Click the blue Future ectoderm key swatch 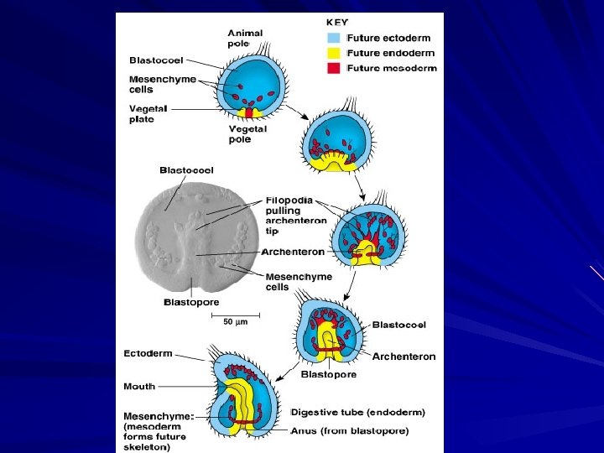(334, 38)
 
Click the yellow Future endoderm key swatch (334, 53)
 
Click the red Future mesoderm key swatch (334, 69)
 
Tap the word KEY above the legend (338, 22)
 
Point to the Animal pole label (246, 39)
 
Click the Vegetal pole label (247, 134)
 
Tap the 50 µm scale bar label (241, 321)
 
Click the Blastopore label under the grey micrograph (191, 302)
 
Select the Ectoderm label (148, 353)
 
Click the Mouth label (139, 387)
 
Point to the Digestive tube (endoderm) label (359, 413)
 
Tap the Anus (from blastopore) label (351, 431)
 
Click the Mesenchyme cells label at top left (163, 85)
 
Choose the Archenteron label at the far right (404, 357)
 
